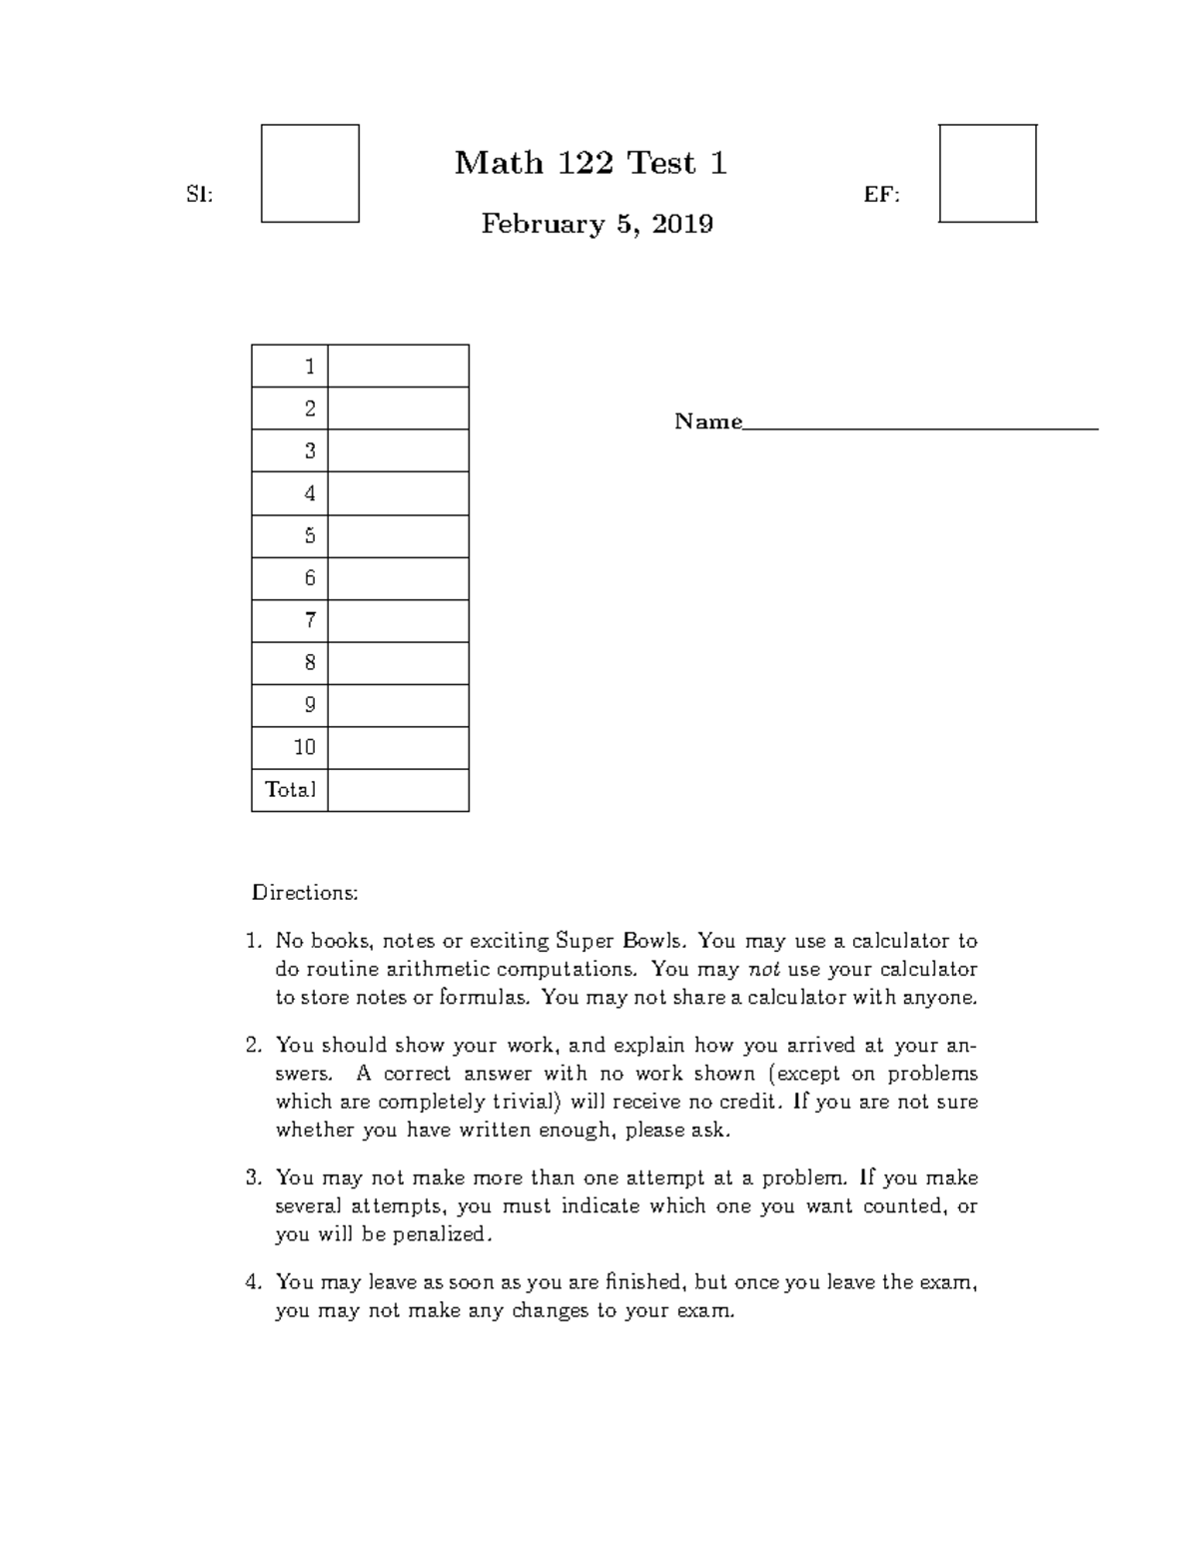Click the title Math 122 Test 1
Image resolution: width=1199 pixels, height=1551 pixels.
click(x=591, y=163)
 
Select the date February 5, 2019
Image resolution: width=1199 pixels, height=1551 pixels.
click(x=597, y=224)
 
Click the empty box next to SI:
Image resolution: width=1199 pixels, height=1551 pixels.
click(x=310, y=174)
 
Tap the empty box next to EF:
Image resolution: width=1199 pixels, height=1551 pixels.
click(x=987, y=174)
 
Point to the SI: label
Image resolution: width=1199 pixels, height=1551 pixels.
click(x=200, y=196)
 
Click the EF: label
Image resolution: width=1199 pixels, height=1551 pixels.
click(x=881, y=196)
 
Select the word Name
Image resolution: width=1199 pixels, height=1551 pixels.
click(x=707, y=421)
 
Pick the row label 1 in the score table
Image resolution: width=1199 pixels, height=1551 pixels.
click(x=310, y=367)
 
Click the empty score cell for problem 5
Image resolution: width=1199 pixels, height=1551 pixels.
click(x=398, y=536)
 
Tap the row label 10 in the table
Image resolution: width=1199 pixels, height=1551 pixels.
click(x=305, y=747)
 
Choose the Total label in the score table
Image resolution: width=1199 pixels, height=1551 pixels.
click(x=290, y=790)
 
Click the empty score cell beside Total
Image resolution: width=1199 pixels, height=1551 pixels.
click(x=398, y=790)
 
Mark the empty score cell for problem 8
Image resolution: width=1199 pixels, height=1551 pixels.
click(x=398, y=663)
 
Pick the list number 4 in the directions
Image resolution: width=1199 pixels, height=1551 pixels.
click(x=253, y=1281)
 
